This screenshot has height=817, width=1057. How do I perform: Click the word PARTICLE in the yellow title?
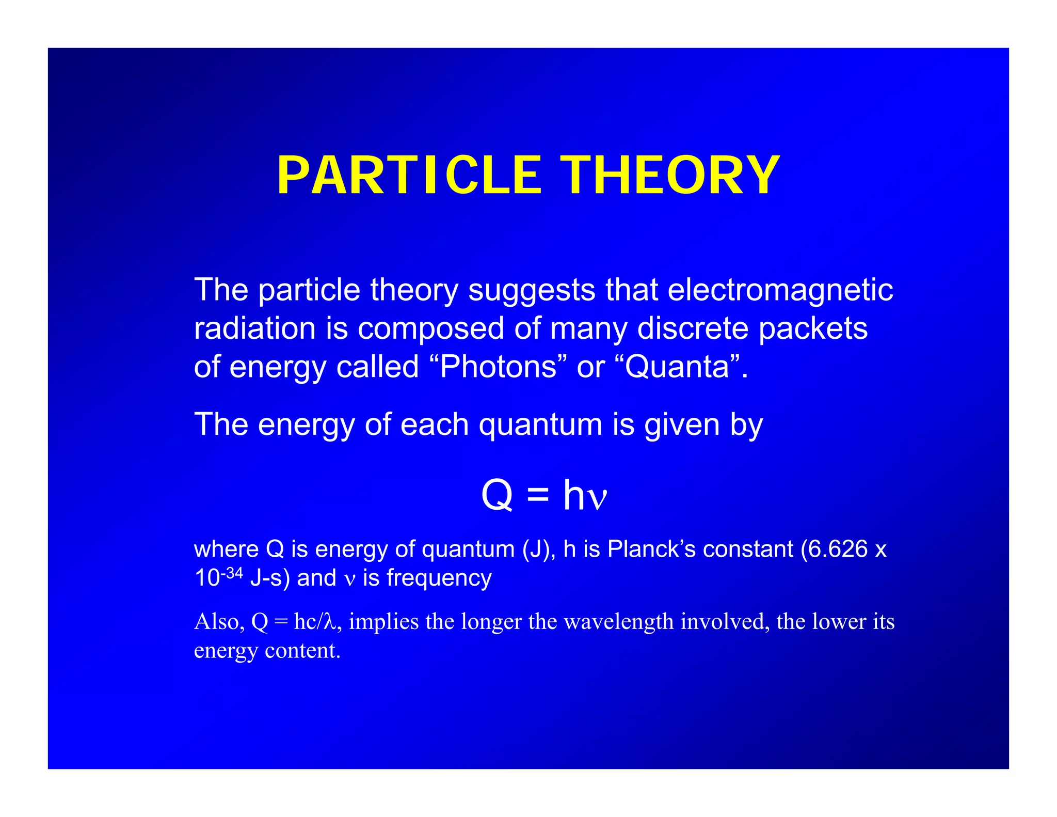pos(409,176)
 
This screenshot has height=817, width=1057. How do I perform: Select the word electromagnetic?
pos(780,290)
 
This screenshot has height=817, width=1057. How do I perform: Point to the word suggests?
pos(532,291)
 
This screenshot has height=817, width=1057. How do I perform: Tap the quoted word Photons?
pos(498,367)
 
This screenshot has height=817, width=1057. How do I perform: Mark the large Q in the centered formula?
pos(497,495)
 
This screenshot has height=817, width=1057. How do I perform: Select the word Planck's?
pos(651,549)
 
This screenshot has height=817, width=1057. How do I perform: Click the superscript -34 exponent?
pos(232,573)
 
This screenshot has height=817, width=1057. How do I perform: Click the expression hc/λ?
pos(315,622)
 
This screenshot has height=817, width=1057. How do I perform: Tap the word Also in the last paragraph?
pos(216,622)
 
